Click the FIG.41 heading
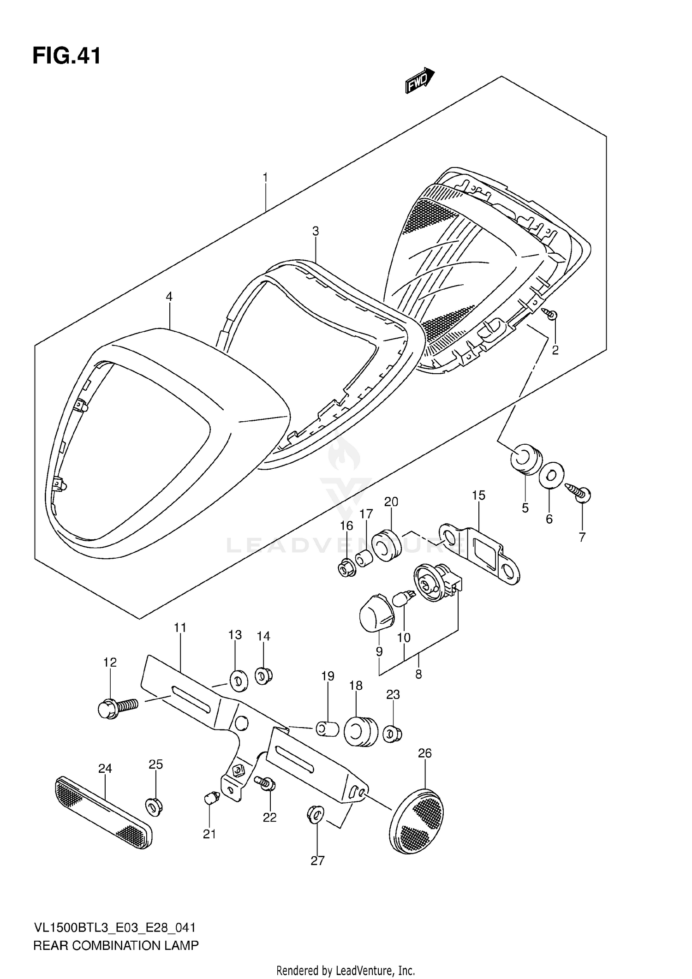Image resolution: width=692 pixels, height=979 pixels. (66, 56)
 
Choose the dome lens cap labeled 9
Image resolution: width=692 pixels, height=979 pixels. (376, 615)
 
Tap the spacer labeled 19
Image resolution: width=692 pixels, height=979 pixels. (327, 729)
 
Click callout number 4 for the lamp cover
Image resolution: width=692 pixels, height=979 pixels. (169, 297)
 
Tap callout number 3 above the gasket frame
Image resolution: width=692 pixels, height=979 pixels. (316, 231)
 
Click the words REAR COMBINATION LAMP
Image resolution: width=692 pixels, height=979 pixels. (116, 945)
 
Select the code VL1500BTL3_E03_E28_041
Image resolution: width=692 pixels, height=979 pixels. (115, 928)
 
